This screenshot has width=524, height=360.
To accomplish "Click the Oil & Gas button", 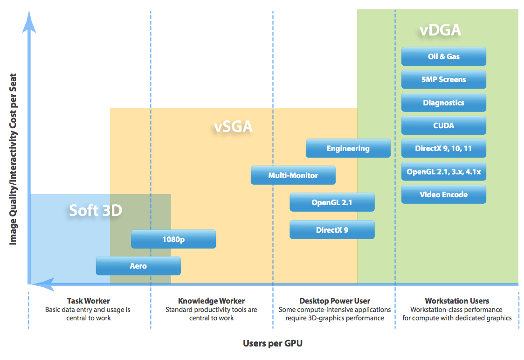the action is (443, 56).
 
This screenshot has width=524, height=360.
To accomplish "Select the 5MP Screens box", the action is (443, 80).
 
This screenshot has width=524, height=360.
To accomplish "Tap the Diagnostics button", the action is (443, 103).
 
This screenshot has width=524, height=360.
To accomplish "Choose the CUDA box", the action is (443, 125).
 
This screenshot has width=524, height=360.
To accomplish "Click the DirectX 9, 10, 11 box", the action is (443, 148).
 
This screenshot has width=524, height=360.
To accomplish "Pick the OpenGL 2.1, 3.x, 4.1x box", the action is (443, 172).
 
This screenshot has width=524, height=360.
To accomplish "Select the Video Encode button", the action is (443, 194).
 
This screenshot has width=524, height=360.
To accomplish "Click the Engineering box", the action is (348, 148).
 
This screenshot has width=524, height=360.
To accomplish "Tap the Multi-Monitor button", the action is (293, 175).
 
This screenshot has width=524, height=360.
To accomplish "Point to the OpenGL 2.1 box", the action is (332, 202).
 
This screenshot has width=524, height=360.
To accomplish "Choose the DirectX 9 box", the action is (332, 229).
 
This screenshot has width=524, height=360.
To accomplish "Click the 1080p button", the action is (173, 239).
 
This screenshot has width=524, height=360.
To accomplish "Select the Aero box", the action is (138, 266).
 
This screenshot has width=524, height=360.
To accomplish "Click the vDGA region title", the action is (440, 30).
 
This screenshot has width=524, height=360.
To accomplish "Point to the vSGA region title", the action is (233, 127).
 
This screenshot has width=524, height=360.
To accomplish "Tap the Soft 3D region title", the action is (96, 210).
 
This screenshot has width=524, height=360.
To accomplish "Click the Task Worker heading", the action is (88, 301).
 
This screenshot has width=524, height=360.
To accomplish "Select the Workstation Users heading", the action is (457, 301).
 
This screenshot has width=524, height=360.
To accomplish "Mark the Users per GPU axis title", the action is (273, 343).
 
